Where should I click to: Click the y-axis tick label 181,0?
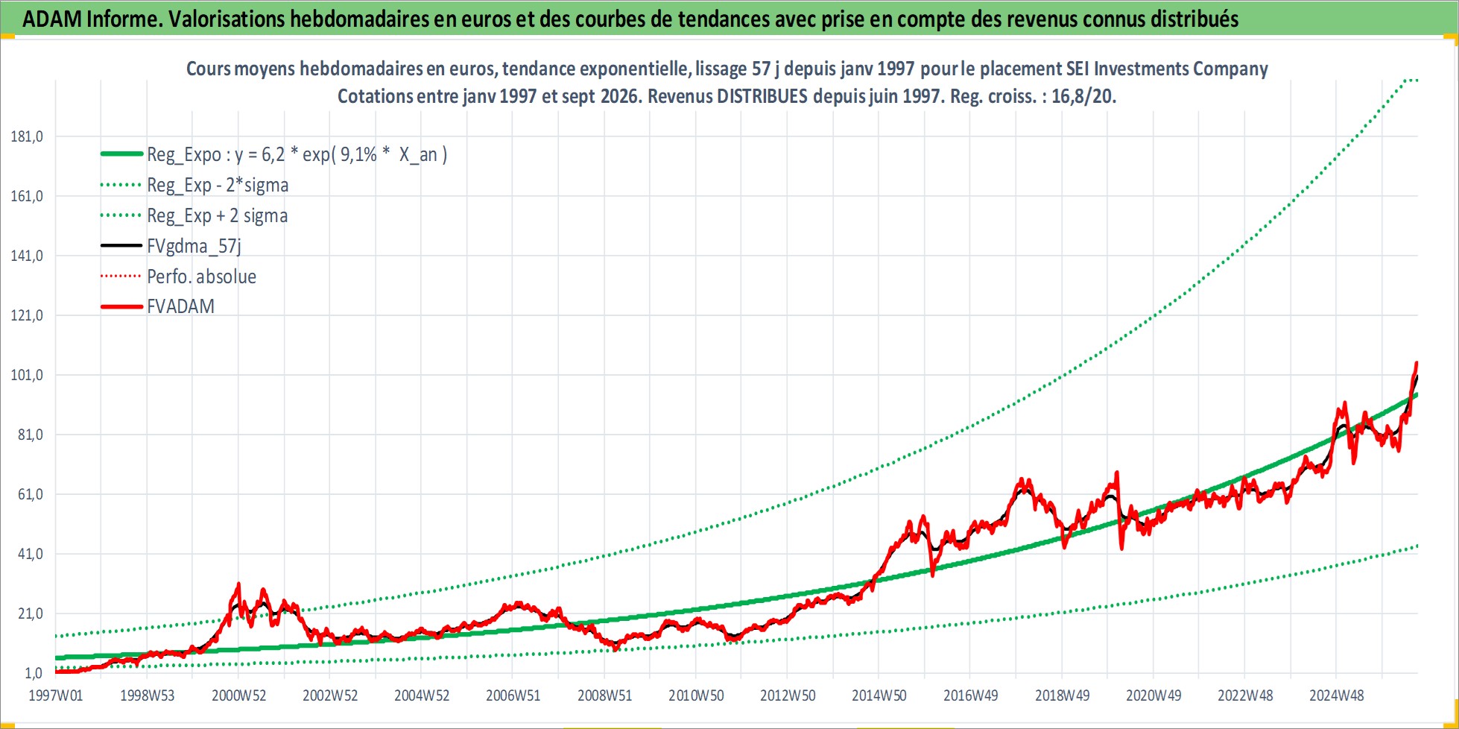pos(27,136)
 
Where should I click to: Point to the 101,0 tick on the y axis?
pos(27,375)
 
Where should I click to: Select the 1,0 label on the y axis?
pos(34,673)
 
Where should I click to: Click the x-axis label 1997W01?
pos(56,695)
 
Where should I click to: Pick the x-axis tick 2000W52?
pos(238,695)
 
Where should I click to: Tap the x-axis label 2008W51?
pos(604,695)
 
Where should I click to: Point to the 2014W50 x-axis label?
pos(879,695)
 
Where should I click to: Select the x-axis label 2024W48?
pos(1337,695)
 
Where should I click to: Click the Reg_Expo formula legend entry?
pos(297,154)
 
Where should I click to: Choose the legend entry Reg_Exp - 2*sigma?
pos(218,185)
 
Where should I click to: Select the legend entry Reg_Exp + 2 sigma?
pos(217,215)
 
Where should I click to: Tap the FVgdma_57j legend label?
pos(194,246)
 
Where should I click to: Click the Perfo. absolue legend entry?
pos(201,277)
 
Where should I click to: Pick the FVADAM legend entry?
pos(180,306)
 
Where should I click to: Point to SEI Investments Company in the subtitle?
pos(1180,69)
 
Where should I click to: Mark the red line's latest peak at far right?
pos(1416,362)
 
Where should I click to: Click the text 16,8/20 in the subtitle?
pos(1083,96)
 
